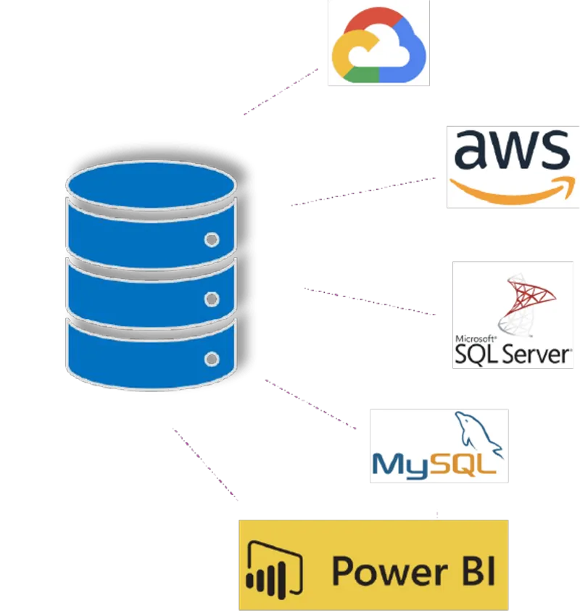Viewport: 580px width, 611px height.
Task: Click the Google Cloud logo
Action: (x=377, y=46)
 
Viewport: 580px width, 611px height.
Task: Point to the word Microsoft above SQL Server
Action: (x=475, y=338)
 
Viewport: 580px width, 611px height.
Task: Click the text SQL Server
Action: (x=512, y=354)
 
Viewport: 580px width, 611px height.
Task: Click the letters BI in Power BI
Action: (x=476, y=571)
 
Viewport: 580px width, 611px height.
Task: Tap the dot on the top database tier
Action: (x=212, y=239)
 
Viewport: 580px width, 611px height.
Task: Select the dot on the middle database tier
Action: (x=212, y=298)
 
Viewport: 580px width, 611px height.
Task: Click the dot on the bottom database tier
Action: (x=212, y=358)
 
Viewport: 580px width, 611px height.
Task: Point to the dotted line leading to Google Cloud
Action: (x=283, y=90)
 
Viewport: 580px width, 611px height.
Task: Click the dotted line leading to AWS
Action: (x=366, y=191)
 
